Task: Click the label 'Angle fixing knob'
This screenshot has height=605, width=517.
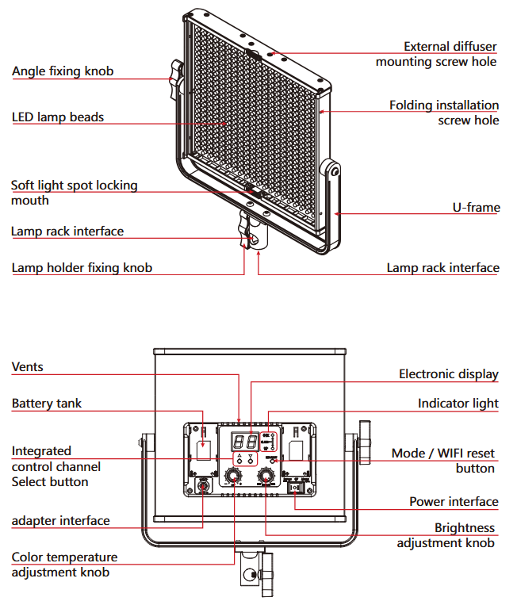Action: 63,71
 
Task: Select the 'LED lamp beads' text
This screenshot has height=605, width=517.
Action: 58,117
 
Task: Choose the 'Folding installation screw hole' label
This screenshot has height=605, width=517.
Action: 444,113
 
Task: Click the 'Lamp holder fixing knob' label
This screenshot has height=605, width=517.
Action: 82,267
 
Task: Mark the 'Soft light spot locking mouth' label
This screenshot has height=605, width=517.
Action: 74,193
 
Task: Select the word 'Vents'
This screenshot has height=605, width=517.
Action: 28,367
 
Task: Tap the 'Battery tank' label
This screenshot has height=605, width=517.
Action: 47,404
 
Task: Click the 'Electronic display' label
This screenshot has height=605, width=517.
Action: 448,374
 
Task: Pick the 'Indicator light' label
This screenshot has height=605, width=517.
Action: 458,404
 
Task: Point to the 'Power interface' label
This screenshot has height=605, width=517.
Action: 454,501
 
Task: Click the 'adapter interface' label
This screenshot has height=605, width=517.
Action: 61,521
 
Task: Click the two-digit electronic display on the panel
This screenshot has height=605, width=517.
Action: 243,442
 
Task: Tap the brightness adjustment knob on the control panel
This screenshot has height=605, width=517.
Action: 265,476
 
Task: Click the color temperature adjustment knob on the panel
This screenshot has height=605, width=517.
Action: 234,476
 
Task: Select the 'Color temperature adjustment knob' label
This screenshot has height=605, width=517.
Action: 64,565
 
